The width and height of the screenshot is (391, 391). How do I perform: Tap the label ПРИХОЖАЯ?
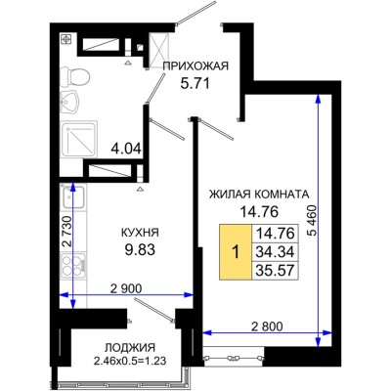[195, 66]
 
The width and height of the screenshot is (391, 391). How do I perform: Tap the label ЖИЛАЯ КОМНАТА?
[259, 193]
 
